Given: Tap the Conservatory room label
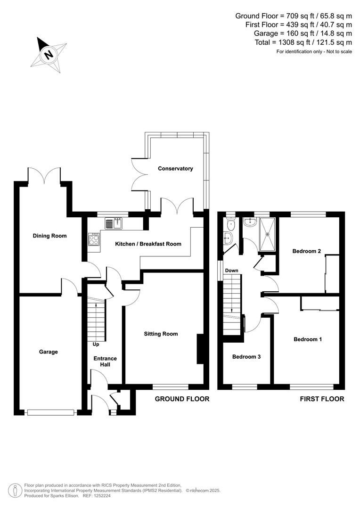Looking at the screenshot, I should coord(175,168).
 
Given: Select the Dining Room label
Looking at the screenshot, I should coord(49,236).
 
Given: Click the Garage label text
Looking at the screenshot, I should coord(49,352).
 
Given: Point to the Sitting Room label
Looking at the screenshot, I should coord(161,334).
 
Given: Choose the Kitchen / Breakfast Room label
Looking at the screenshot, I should coord(148,244).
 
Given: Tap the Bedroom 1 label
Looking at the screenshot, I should coord(307,339).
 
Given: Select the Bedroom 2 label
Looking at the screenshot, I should coord(306,251).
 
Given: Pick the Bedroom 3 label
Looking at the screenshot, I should coord(246,357).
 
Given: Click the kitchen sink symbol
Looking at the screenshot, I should coord(114,223).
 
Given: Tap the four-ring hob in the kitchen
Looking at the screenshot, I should coord(93,239).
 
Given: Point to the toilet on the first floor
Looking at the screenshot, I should coord(229,238).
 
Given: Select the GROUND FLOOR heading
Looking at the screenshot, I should coord(182,399).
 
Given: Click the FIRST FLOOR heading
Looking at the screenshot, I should coord(322,399).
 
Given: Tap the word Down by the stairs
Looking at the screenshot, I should coord(231,271).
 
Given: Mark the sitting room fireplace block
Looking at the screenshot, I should coord(200,349).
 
